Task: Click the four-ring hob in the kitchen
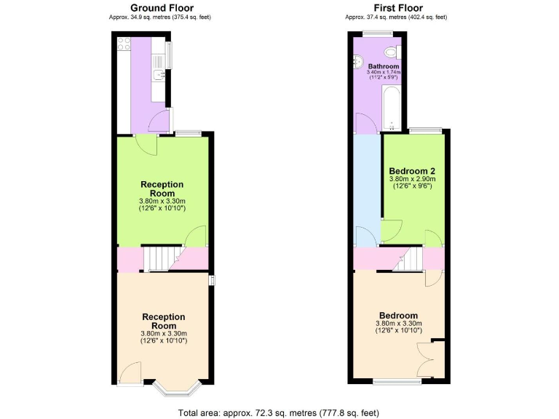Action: click(123, 44)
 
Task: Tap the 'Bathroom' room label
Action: click(384, 66)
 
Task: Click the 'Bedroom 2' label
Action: click(412, 171)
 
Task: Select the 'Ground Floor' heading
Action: click(162, 8)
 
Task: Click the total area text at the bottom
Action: click(279, 412)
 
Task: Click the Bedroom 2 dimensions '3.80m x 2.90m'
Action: click(412, 179)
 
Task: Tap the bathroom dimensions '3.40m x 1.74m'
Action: click(384, 73)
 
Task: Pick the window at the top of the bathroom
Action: click(378, 34)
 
